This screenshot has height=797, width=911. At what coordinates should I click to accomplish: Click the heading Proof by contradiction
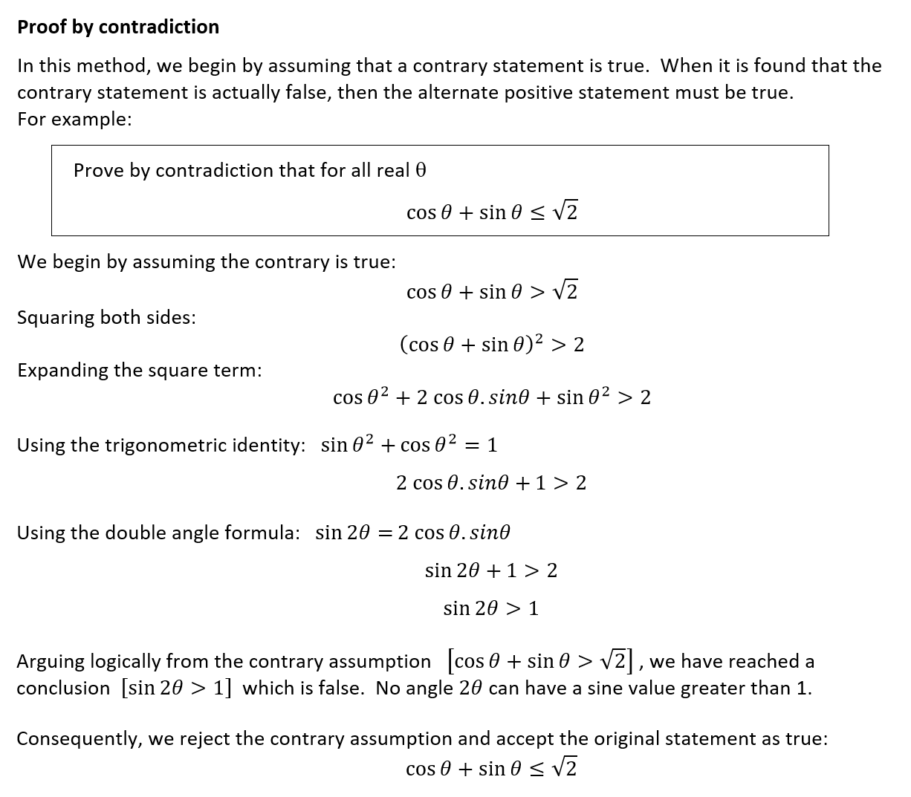[x=118, y=27]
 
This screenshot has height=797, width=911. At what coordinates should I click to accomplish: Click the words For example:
[x=74, y=120]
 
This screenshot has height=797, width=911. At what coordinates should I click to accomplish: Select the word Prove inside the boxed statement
[x=99, y=171]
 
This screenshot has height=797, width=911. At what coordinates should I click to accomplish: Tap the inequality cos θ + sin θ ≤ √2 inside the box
[x=492, y=212]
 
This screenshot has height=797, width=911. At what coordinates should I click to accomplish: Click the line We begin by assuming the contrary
[x=206, y=262]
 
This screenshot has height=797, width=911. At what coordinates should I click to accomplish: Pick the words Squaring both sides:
[x=106, y=318]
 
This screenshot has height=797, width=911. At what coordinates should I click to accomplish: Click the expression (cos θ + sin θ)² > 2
[x=492, y=345]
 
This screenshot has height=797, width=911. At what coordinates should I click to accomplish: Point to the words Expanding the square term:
[x=139, y=371]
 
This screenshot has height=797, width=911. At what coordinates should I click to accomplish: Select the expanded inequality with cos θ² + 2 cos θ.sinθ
[x=492, y=397]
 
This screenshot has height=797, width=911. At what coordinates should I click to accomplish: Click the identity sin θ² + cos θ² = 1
[x=409, y=445]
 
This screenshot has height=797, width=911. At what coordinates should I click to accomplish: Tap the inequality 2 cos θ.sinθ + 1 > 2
[x=491, y=484]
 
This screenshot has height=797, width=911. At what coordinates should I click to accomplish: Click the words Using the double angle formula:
[x=158, y=533]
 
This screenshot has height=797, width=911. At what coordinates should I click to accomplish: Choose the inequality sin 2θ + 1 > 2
[x=491, y=570]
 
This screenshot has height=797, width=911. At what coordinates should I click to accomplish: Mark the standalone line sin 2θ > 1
[x=491, y=608]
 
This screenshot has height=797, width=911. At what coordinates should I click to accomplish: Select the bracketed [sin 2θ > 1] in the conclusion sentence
[x=177, y=688]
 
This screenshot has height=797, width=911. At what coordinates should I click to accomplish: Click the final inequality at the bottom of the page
[x=491, y=769]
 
